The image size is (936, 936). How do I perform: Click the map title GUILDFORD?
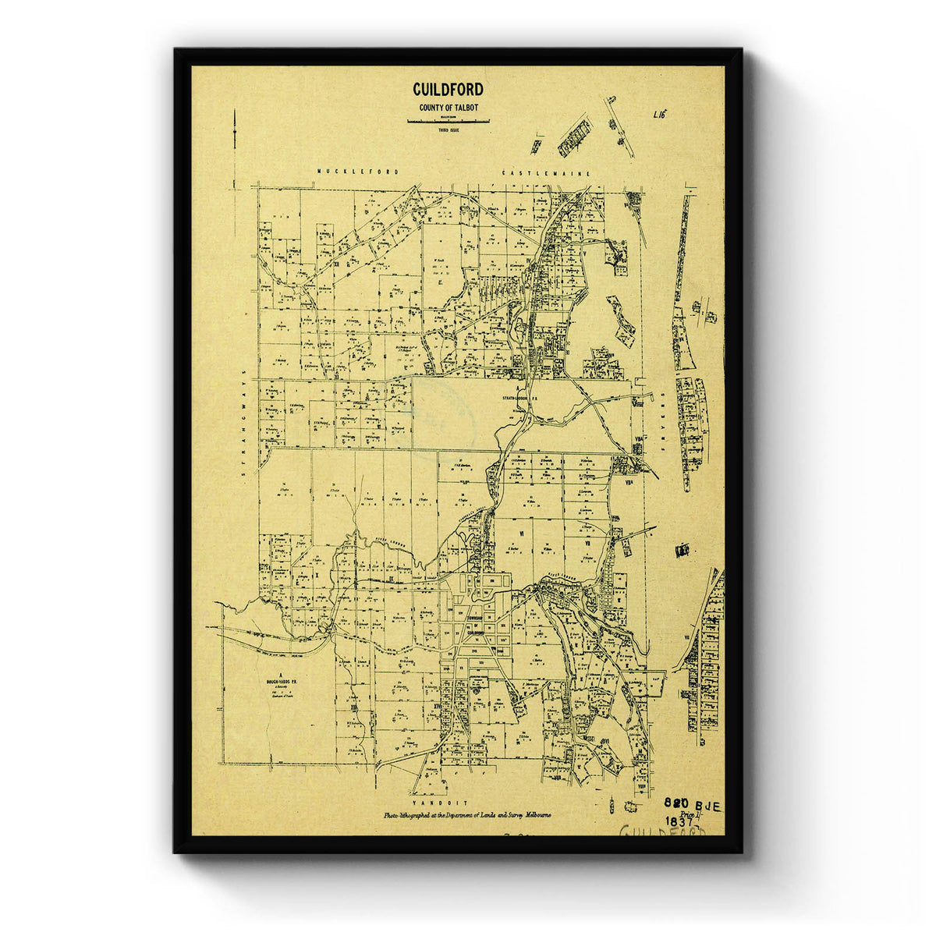[x=448, y=90]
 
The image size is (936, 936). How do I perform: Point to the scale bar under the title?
[x=448, y=121]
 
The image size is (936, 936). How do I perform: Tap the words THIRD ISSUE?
[x=448, y=129]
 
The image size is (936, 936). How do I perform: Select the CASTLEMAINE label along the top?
[x=546, y=172]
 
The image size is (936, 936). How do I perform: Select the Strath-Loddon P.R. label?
[x=520, y=399]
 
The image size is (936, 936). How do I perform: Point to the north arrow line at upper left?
[x=235, y=148]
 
